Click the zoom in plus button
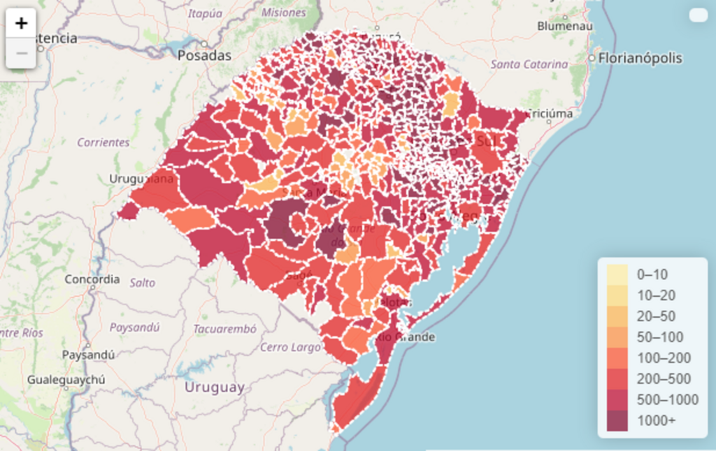22,23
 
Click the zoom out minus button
22,53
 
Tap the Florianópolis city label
639,58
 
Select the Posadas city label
204,55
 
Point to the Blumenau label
565,26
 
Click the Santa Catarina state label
529,64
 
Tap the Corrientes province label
103,142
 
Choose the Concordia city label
92,279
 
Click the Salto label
143,283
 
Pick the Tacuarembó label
224,329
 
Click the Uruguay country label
215,387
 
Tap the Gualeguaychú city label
66,380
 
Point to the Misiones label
283,13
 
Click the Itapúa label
204,13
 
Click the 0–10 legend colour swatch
617,274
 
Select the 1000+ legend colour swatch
617,421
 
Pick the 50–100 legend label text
660,337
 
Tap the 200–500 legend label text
664,379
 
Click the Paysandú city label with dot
88,355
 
